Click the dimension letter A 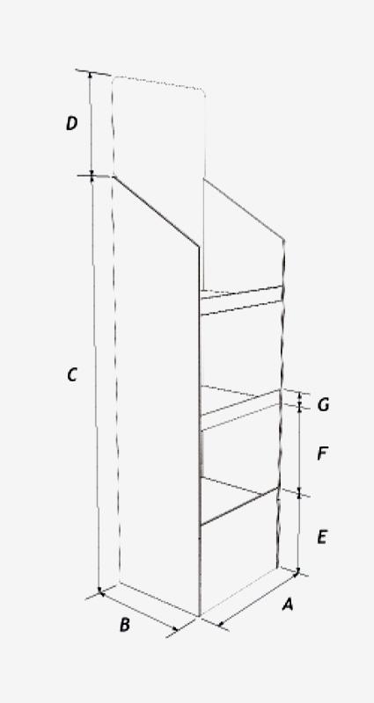(x=288, y=605)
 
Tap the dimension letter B (x=125, y=625)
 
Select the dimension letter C (x=72, y=375)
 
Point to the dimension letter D (x=72, y=123)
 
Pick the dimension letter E (x=322, y=537)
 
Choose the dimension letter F (x=322, y=453)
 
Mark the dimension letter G (x=323, y=405)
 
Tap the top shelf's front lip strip (x=241, y=300)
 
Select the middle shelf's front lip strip (x=240, y=410)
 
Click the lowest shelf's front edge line (x=238, y=506)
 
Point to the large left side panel (x=157, y=395)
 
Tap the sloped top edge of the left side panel (x=157, y=211)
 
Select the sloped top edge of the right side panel (x=244, y=210)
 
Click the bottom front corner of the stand (x=200, y=616)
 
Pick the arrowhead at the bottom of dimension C (x=100, y=591)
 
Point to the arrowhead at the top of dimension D (x=91, y=75)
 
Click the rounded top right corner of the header (x=202, y=91)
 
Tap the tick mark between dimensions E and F (x=299, y=493)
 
